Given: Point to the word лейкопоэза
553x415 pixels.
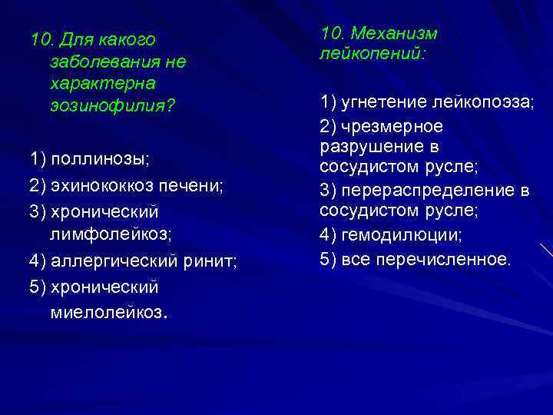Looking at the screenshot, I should click(x=482, y=102).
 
